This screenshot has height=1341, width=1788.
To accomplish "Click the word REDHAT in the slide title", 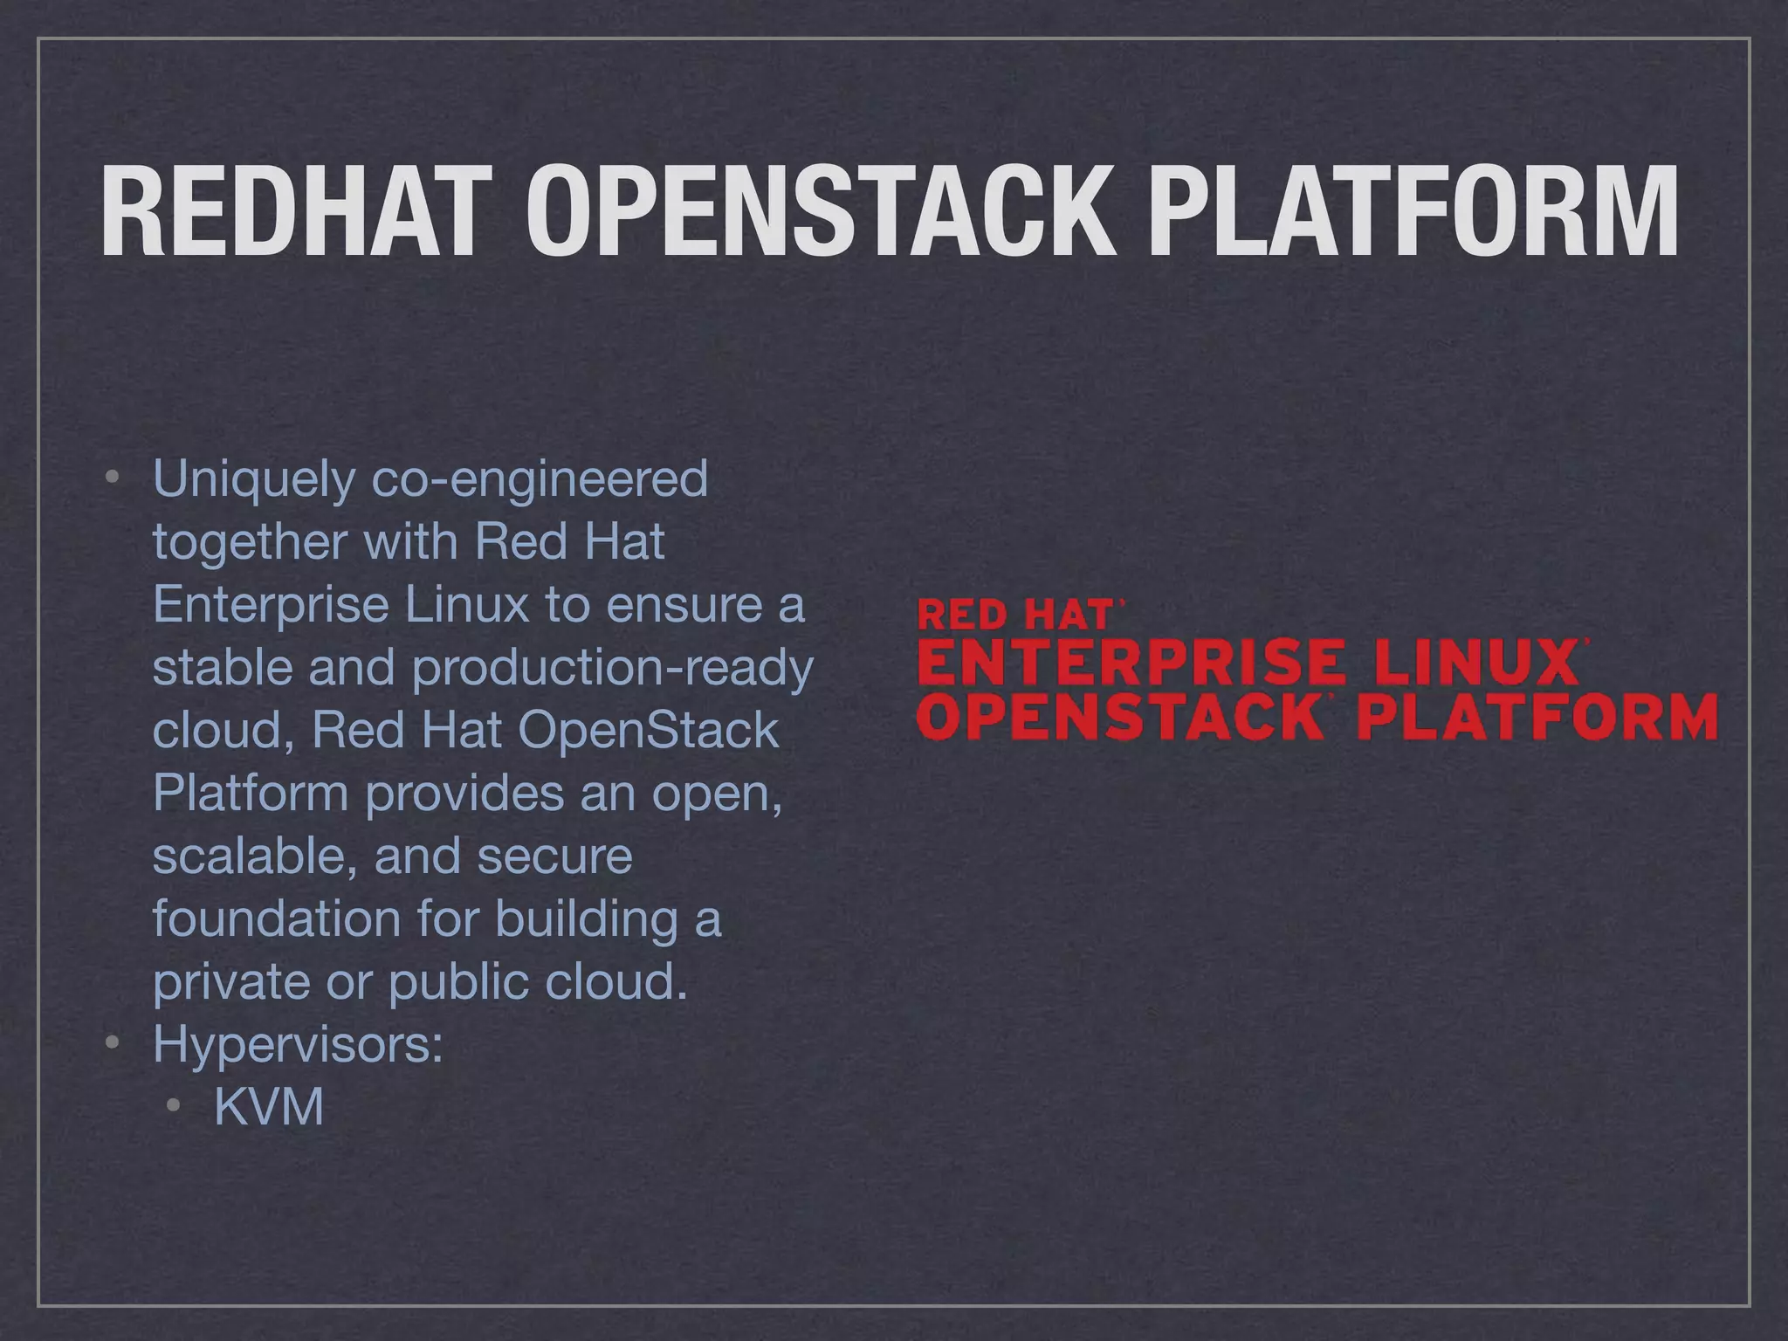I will click(x=290, y=212).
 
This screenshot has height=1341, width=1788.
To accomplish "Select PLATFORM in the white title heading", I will click(x=1412, y=212).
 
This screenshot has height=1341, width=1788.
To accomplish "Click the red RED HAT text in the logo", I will click(x=1015, y=615).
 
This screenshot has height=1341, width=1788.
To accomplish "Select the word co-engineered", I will click(x=540, y=479).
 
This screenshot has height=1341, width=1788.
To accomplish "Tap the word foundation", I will click(x=276, y=918).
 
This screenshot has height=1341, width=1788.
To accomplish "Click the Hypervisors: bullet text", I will click(x=298, y=1044).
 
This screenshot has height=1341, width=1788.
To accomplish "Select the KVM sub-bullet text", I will click(x=269, y=1107).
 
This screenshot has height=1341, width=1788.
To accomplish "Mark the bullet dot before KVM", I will click(x=174, y=1106).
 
